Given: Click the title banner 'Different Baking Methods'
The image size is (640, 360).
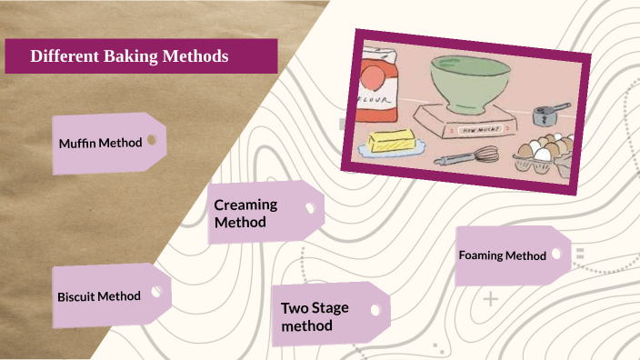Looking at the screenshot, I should (141, 56).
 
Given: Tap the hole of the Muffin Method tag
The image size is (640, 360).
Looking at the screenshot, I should (152, 140).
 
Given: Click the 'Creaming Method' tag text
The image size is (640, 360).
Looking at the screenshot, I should (245, 214).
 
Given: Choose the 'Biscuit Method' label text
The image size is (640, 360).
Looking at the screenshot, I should (99, 296).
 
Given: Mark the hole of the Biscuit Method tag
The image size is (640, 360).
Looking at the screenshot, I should (155, 292).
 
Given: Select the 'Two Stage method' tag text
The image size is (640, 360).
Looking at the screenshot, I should (315, 316).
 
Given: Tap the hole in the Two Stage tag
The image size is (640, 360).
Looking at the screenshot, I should (375, 309).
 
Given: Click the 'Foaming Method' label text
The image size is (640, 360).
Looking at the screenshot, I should (503, 255).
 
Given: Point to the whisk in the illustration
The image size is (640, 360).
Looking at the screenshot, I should (466, 156).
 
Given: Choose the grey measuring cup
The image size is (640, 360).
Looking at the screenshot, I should (547, 115).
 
